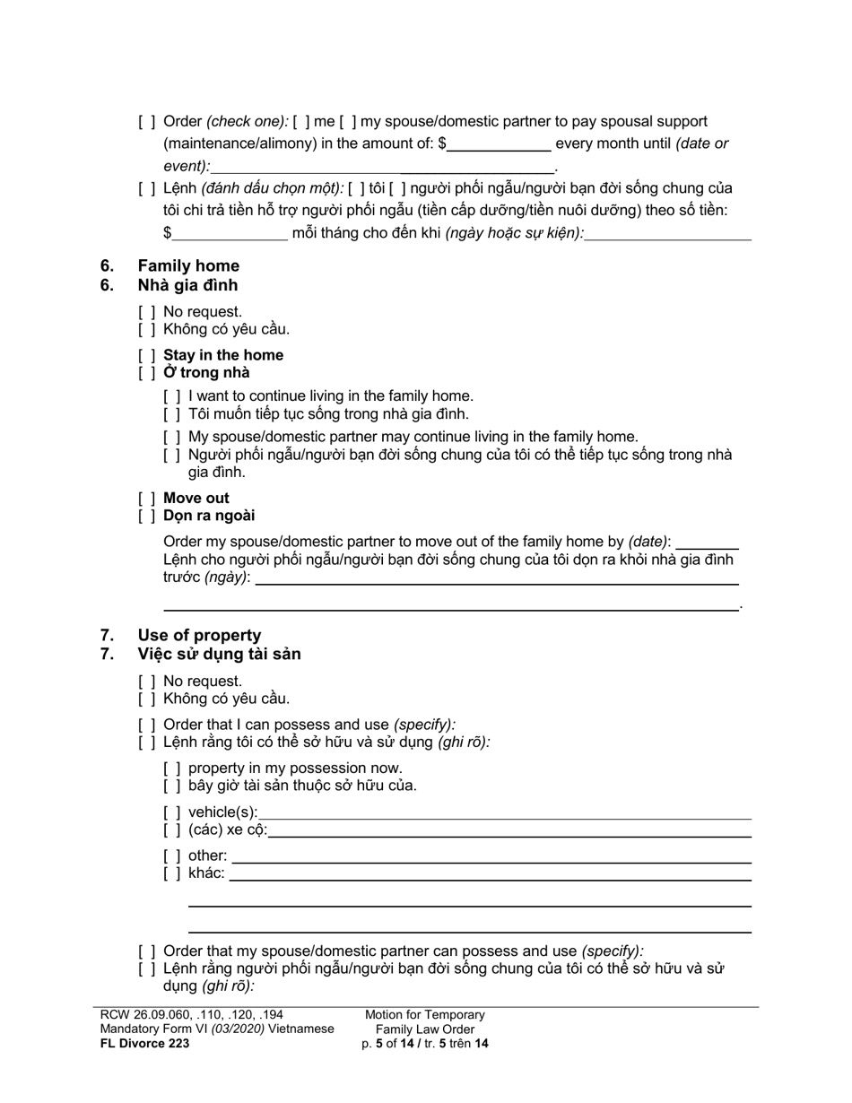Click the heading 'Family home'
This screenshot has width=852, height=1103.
tap(188, 265)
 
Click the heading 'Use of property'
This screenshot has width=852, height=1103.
tap(199, 635)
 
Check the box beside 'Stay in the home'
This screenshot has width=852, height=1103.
tap(147, 355)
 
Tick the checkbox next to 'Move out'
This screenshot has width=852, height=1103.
tap(147, 499)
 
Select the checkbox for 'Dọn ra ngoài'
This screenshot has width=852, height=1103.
tap(147, 516)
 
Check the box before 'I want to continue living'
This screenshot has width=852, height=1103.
tap(172, 396)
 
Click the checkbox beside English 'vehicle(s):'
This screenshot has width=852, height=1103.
tap(172, 812)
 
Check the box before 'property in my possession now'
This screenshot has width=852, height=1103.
tap(172, 769)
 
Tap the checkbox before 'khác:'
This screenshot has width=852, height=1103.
tap(172, 873)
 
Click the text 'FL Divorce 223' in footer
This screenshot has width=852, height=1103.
tap(145, 1043)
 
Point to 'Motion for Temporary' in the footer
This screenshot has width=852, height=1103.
tap(424, 1015)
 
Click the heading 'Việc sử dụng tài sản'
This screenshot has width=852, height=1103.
tap(219, 654)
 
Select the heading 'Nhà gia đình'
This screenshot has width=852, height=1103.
tap(187, 285)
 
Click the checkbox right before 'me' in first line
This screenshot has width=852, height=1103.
tap(301, 122)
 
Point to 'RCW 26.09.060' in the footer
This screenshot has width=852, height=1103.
tap(143, 1015)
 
